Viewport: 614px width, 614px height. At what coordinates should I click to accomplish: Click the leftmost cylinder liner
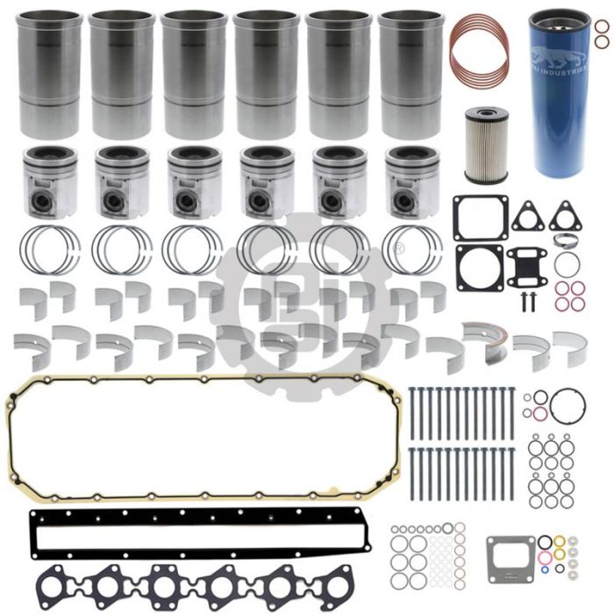(50, 74)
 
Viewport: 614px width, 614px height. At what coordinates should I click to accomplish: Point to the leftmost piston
(50, 180)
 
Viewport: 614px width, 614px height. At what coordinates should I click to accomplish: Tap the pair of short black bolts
(526, 301)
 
